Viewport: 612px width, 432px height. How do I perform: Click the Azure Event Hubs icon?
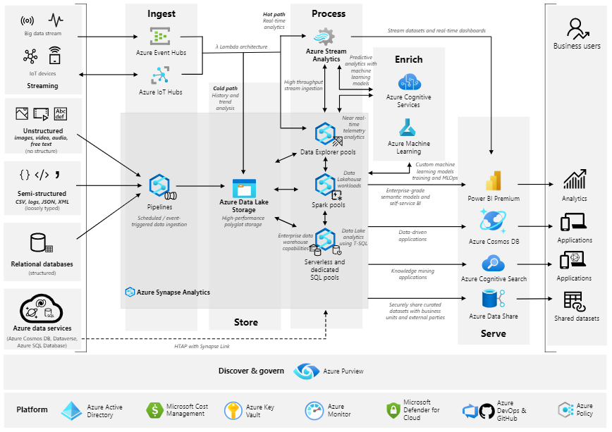click(160, 36)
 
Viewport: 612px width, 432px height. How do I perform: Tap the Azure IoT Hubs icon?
click(161, 75)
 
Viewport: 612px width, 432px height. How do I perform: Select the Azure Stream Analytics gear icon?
click(324, 37)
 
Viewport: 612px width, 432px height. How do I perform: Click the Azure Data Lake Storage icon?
click(244, 188)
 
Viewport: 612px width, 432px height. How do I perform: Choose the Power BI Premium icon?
click(494, 180)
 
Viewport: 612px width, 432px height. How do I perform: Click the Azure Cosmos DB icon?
click(493, 221)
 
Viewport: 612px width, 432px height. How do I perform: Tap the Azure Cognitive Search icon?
click(494, 263)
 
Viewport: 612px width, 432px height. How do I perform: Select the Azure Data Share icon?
click(494, 299)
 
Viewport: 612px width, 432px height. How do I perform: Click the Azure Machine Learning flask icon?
click(408, 128)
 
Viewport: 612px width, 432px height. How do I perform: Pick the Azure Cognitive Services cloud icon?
click(410, 82)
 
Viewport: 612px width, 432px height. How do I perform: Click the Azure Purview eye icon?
click(307, 371)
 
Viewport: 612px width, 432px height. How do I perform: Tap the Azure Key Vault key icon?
click(233, 411)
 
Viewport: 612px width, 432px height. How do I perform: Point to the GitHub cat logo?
click(486, 411)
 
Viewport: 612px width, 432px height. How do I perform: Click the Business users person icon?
click(577, 28)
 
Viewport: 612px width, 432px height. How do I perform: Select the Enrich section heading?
click(409, 59)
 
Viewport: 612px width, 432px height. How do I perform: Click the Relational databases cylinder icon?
click(42, 242)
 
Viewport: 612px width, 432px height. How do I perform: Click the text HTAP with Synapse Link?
click(202, 346)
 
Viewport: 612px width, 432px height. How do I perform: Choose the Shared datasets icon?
click(574, 301)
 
